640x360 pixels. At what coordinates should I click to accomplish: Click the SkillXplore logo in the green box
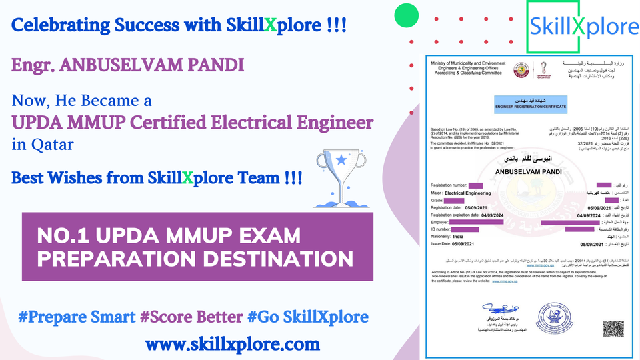tap(583, 27)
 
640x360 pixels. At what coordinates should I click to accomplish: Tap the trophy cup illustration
tap(342, 174)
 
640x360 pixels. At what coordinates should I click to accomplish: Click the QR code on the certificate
tap(613, 328)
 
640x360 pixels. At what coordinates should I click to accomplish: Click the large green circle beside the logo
tap(407, 15)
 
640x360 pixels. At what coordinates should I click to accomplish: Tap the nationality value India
tap(458, 236)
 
